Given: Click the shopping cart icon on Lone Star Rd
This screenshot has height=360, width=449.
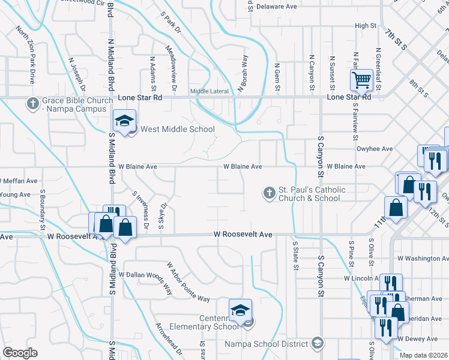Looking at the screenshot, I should click(x=362, y=79).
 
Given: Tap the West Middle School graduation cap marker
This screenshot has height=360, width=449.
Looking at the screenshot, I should click(x=125, y=122).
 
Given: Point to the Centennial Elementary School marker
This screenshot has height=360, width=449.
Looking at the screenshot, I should click(x=240, y=311).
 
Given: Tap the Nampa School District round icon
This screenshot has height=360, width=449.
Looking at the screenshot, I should click(x=318, y=344).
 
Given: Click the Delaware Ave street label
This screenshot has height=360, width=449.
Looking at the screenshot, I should click(x=277, y=7).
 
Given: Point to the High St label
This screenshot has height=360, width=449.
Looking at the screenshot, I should click(x=365, y=26).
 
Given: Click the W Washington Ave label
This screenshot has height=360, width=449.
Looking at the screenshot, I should click(x=423, y=259).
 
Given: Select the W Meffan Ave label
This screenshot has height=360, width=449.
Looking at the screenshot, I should click(x=19, y=181).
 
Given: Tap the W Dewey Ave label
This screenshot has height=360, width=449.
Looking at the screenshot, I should click(x=421, y=338).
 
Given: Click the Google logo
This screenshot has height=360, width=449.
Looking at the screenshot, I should click(x=20, y=353).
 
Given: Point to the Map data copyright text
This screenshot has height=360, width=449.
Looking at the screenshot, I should click(x=424, y=355).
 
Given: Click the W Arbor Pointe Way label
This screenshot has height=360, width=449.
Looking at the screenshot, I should click(x=188, y=281).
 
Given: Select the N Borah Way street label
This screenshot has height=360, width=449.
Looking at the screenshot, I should click(x=243, y=73).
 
